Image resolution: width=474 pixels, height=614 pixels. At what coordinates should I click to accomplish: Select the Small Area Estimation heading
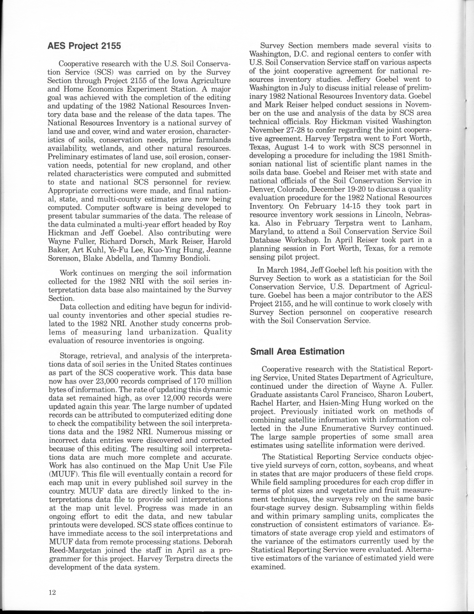point(297,351)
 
